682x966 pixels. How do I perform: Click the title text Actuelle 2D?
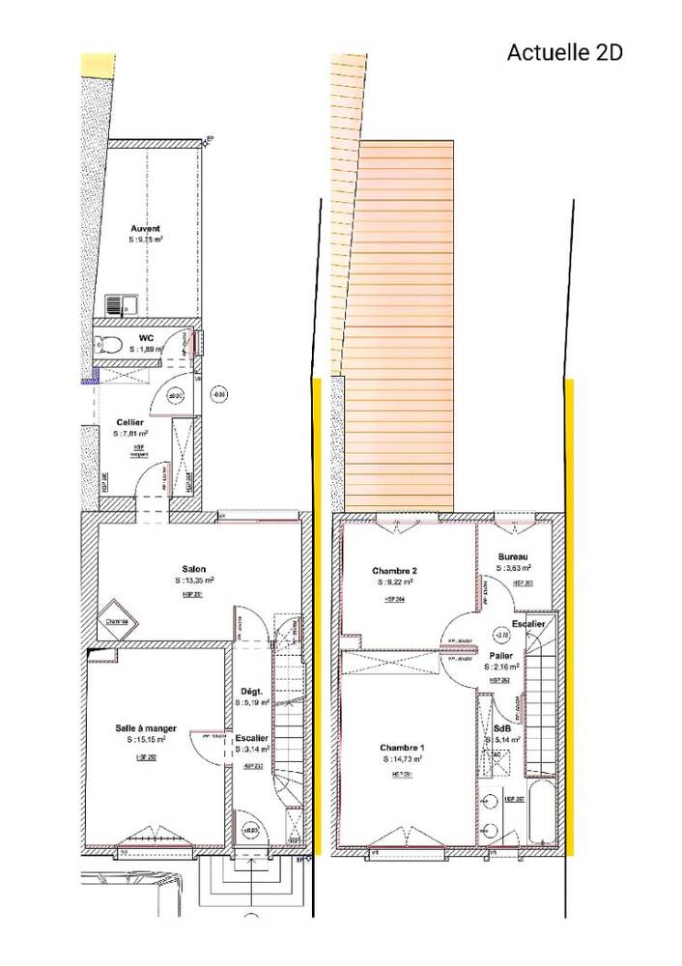564,52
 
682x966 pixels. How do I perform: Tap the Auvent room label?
146,229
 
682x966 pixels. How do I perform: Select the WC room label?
146,337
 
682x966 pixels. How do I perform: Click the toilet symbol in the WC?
107,343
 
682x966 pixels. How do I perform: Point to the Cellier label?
130,423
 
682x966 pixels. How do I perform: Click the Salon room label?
193,569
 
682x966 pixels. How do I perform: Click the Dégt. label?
251,691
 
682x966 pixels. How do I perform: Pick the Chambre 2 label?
394,570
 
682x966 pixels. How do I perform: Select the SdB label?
502,728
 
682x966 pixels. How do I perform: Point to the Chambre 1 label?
401,748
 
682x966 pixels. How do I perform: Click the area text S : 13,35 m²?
194,582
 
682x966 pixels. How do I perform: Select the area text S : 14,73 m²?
402,760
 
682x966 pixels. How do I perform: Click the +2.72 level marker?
500,635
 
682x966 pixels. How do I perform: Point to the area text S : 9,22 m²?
394,582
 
